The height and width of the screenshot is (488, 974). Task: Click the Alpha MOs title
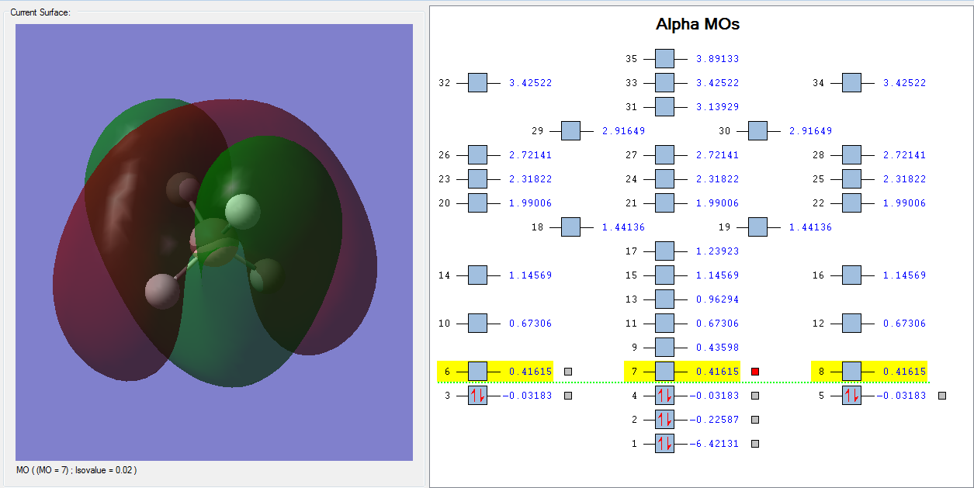[698, 25]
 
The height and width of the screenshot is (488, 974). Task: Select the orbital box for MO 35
[664, 59]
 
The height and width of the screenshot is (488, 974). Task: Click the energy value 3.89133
[717, 59]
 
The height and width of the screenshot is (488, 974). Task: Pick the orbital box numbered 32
[477, 83]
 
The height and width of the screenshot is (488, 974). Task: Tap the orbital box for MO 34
[851, 83]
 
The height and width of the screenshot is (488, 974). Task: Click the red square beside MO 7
[755, 372]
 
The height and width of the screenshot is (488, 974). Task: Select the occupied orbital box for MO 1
[664, 444]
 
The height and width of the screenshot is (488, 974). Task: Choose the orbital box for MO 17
[664, 251]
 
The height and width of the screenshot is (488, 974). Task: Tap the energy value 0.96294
[717, 299]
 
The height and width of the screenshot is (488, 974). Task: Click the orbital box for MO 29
[570, 131]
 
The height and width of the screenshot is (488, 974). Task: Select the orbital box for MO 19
[757, 227]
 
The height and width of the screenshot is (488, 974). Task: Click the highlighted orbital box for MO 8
[851, 372]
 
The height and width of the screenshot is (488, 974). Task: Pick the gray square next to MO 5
[942, 396]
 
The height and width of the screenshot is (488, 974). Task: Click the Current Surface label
[40, 12]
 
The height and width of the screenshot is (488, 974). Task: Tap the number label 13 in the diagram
[630, 299]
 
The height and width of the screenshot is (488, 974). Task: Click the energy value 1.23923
[717, 251]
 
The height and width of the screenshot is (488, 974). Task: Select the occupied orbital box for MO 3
[477, 396]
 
